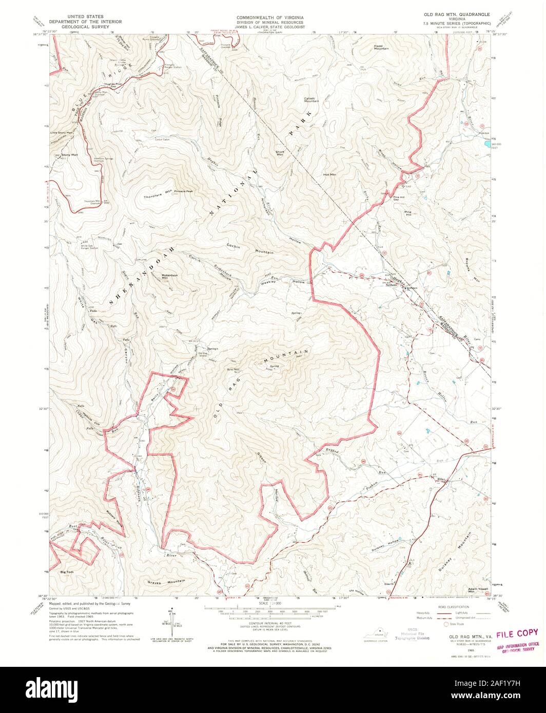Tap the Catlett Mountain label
tap(311, 100)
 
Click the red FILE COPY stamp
tap(517, 632)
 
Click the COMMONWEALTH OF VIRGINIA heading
tap(269, 17)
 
